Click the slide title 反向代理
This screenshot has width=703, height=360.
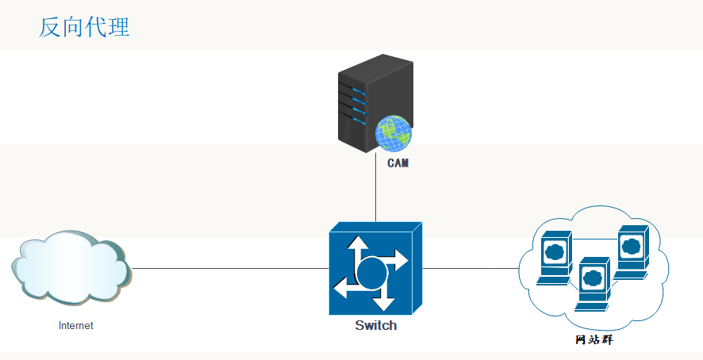[x=84, y=27]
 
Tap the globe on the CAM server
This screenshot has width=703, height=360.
[x=394, y=133]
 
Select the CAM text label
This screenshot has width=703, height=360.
[x=398, y=164]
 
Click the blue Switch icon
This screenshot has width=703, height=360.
[x=375, y=269]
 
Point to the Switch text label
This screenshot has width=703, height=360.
[x=375, y=326]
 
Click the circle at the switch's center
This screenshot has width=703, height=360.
[x=371, y=274]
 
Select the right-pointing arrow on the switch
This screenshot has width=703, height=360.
[x=397, y=261]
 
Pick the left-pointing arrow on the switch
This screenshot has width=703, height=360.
[x=344, y=289]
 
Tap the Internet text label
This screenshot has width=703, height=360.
[x=75, y=326]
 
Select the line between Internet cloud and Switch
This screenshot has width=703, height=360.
[x=230, y=269]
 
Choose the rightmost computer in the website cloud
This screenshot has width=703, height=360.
[x=632, y=250]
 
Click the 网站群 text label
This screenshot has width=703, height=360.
[x=594, y=340]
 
